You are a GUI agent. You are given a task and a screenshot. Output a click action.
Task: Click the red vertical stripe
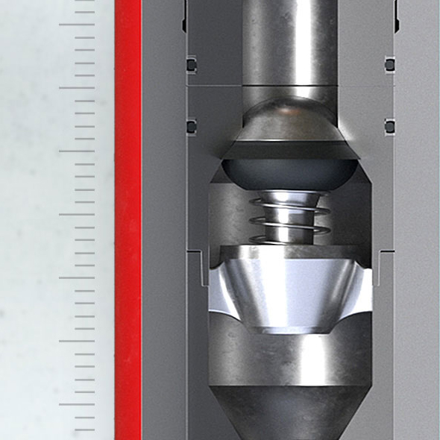point(128,224)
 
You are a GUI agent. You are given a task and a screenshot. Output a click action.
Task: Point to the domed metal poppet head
point(289,127)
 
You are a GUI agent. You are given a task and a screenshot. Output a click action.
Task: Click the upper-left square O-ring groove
point(192,65)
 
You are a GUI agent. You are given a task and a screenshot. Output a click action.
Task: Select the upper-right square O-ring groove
point(389,65)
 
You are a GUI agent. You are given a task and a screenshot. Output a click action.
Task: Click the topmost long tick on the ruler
point(77,25)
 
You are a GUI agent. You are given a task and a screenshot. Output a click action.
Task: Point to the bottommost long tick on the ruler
point(77,405)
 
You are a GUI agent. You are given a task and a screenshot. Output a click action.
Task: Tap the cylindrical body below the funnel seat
point(289,358)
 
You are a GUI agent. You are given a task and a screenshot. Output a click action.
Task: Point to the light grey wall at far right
point(418,224)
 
